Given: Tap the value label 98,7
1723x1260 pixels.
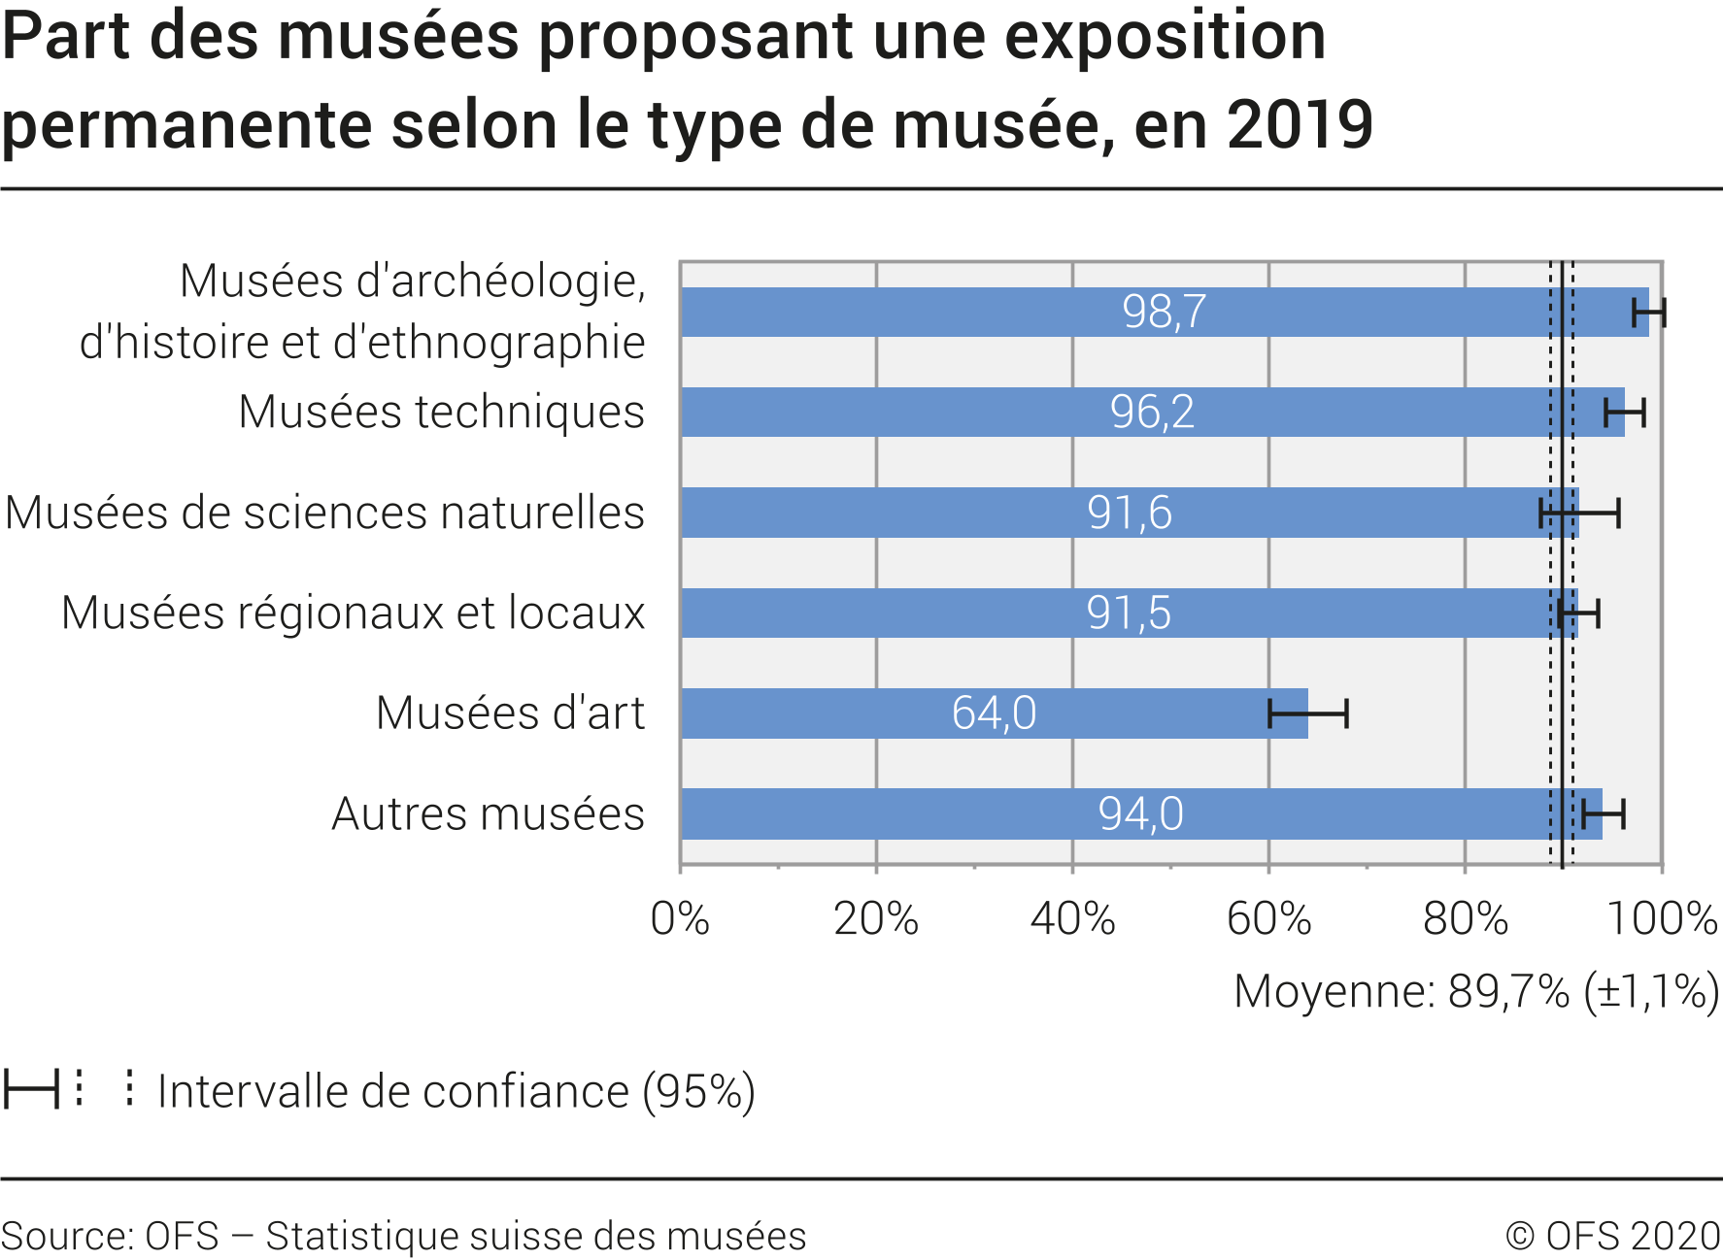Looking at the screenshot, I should tap(1164, 312).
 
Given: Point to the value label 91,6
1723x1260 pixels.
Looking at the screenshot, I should tap(1129, 513).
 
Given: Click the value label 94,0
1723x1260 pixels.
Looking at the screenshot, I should tap(1140, 813).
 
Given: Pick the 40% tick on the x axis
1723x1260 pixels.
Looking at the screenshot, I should tap(1072, 918).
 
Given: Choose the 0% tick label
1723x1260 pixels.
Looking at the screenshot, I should tap(680, 918).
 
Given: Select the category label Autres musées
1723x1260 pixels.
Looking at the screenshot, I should tap(488, 813).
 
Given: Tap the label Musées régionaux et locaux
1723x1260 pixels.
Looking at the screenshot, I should tap(353, 613).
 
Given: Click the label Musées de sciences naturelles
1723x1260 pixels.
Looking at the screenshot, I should tap(324, 513).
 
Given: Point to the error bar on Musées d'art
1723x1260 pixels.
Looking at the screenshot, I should tap(1307, 713).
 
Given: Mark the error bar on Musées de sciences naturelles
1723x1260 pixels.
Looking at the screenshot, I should tap(1579, 513).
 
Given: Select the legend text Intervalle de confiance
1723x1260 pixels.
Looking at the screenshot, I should tap(456, 1091).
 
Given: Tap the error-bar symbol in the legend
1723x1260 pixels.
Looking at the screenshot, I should tap(31, 1089).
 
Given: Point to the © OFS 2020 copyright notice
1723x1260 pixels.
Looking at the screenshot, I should tap(1612, 1236).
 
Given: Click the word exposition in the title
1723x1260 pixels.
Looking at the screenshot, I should tap(1165, 37).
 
